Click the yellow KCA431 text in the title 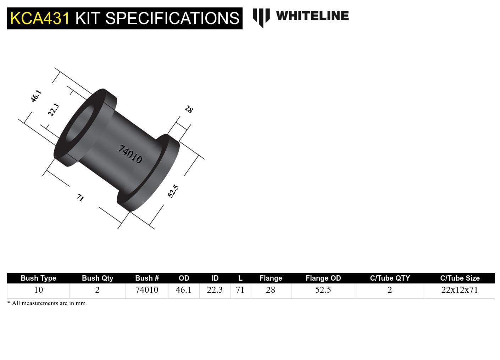pyautogui.click(x=40, y=18)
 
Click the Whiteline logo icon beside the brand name pyautogui.click(x=261, y=17)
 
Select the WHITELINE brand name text pyautogui.click(x=312, y=16)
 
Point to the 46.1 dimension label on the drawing pyautogui.click(x=36, y=96)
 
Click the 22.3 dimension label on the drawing pyautogui.click(x=54, y=110)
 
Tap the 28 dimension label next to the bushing pyautogui.click(x=189, y=109)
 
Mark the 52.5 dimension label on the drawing pyautogui.click(x=173, y=191)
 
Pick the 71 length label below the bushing pyautogui.click(x=80, y=197)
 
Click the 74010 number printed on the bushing pyautogui.click(x=130, y=154)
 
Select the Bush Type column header pyautogui.click(x=38, y=278)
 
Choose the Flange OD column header pyautogui.click(x=323, y=278)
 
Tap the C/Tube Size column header pyautogui.click(x=460, y=278)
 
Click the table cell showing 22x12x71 pyautogui.click(x=460, y=290)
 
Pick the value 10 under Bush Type pyautogui.click(x=38, y=290)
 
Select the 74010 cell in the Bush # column pyautogui.click(x=147, y=290)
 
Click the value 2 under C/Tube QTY pyautogui.click(x=390, y=290)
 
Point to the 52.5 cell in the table pyautogui.click(x=323, y=290)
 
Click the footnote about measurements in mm pyautogui.click(x=46, y=303)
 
